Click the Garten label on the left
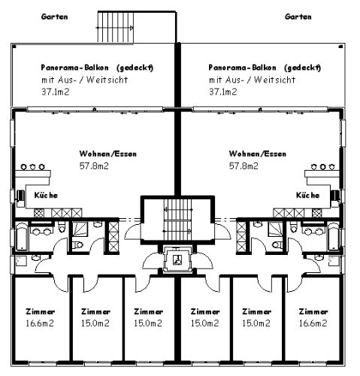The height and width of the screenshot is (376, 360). pos(54,17)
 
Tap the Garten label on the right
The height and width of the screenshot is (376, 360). pos(298,17)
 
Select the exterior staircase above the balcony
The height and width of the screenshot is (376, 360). pos(116,27)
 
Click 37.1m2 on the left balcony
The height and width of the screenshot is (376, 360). pos(55,92)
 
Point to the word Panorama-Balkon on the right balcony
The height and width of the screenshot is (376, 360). pos(242,68)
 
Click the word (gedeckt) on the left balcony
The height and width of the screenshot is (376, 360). pos(135,68)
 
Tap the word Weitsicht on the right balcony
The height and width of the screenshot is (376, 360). pos(274,80)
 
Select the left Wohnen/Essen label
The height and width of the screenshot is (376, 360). pos(108,153)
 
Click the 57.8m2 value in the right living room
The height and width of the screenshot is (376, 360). pos(244,166)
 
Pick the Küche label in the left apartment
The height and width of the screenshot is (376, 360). pos(46,195)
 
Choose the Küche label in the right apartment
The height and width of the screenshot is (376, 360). pos(308,195)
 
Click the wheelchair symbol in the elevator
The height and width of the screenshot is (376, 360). pos(177,259)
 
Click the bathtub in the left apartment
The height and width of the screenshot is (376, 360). pos(22,236)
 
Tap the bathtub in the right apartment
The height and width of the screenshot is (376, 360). pos(334,236)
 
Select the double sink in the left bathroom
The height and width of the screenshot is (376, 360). pos(41,231)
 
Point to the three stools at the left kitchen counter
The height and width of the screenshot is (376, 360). pos(32,167)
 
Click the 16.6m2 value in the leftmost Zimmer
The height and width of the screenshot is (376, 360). pos(40,323)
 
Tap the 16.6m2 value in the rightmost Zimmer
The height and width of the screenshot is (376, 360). pos(313,323)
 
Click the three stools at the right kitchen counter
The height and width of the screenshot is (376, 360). pos(322,167)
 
